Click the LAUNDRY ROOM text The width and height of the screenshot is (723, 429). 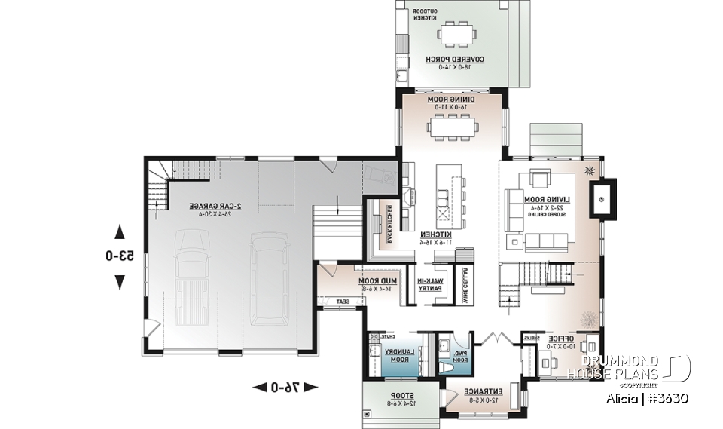pos(396,355)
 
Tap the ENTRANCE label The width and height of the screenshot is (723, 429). pos(479,395)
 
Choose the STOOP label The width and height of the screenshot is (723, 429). pos(395,399)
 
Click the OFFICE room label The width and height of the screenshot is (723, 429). pos(562,342)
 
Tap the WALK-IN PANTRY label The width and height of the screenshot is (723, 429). pos(430,284)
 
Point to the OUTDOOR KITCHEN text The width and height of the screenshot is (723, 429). pos(419,16)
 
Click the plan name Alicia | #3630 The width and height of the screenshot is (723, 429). pos(646,398)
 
